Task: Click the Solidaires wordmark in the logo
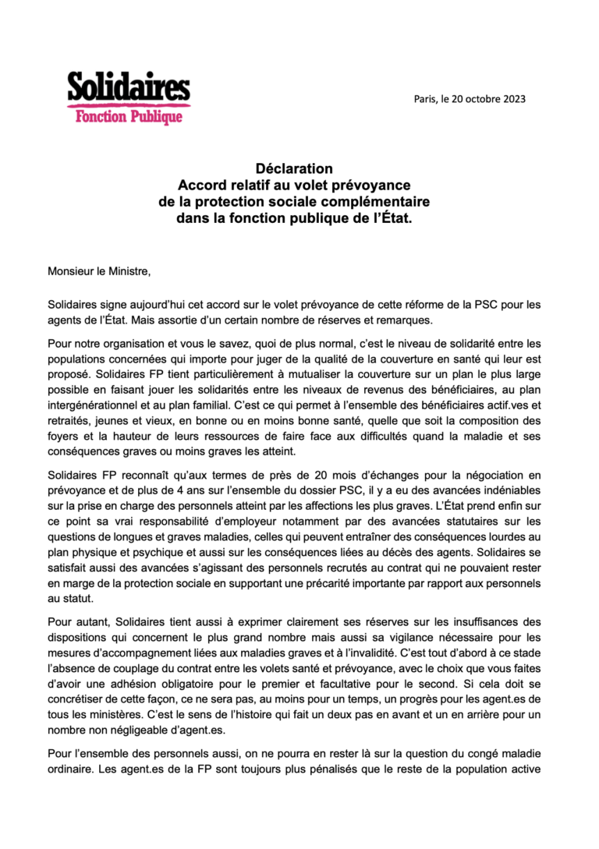128,87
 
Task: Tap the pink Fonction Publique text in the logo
129,117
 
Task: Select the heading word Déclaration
294,168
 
